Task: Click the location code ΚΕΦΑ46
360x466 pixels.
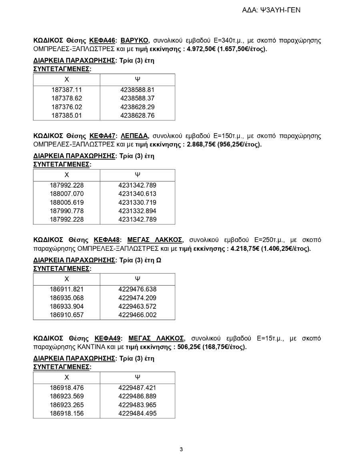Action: click(x=102, y=40)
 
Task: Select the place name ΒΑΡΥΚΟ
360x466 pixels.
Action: click(x=135, y=40)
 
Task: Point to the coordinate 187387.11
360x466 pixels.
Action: click(x=67, y=90)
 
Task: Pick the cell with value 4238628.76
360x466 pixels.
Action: click(x=137, y=116)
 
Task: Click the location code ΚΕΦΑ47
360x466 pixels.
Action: click(x=102, y=136)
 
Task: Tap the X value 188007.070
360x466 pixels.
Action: click(x=67, y=194)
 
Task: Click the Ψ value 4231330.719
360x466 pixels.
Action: click(x=137, y=202)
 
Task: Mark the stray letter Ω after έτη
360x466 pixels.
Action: click(x=158, y=260)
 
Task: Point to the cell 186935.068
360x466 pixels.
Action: click(x=67, y=298)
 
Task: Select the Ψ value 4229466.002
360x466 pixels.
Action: click(x=137, y=315)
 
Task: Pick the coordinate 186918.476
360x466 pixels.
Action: click(x=67, y=387)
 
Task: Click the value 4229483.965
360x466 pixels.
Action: click(x=137, y=405)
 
